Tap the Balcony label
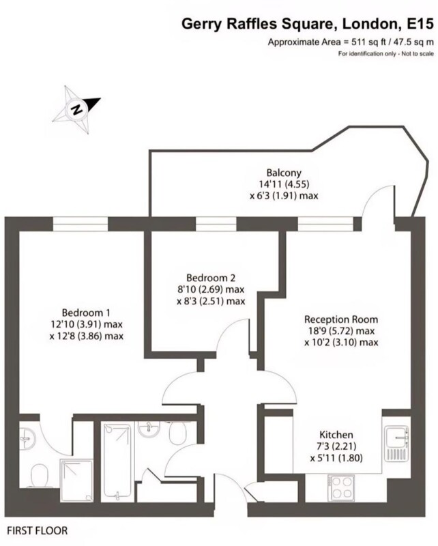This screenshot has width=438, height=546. pyautogui.click(x=284, y=173)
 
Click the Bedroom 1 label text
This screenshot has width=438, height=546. pyautogui.click(x=86, y=313)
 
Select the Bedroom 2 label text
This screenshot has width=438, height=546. pyautogui.click(x=211, y=278)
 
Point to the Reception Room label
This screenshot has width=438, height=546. pyautogui.click(x=341, y=319)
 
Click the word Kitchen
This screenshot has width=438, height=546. pyautogui.click(x=336, y=435)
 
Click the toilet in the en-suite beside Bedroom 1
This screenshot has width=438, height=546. pyautogui.click(x=40, y=476)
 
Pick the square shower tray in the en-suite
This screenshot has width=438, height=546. pyautogui.click(x=77, y=480)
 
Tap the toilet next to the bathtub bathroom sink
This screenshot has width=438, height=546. pyautogui.click(x=179, y=433)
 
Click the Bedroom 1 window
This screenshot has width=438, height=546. pyautogui.click(x=81, y=224)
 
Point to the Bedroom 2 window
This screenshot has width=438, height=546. pyautogui.click(x=216, y=224)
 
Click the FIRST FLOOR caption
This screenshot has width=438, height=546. pyautogui.click(x=38, y=531)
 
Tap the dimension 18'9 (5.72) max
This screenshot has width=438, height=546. pyautogui.click(x=340, y=331)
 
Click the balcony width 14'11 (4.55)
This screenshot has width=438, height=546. pyautogui.click(x=283, y=184)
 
